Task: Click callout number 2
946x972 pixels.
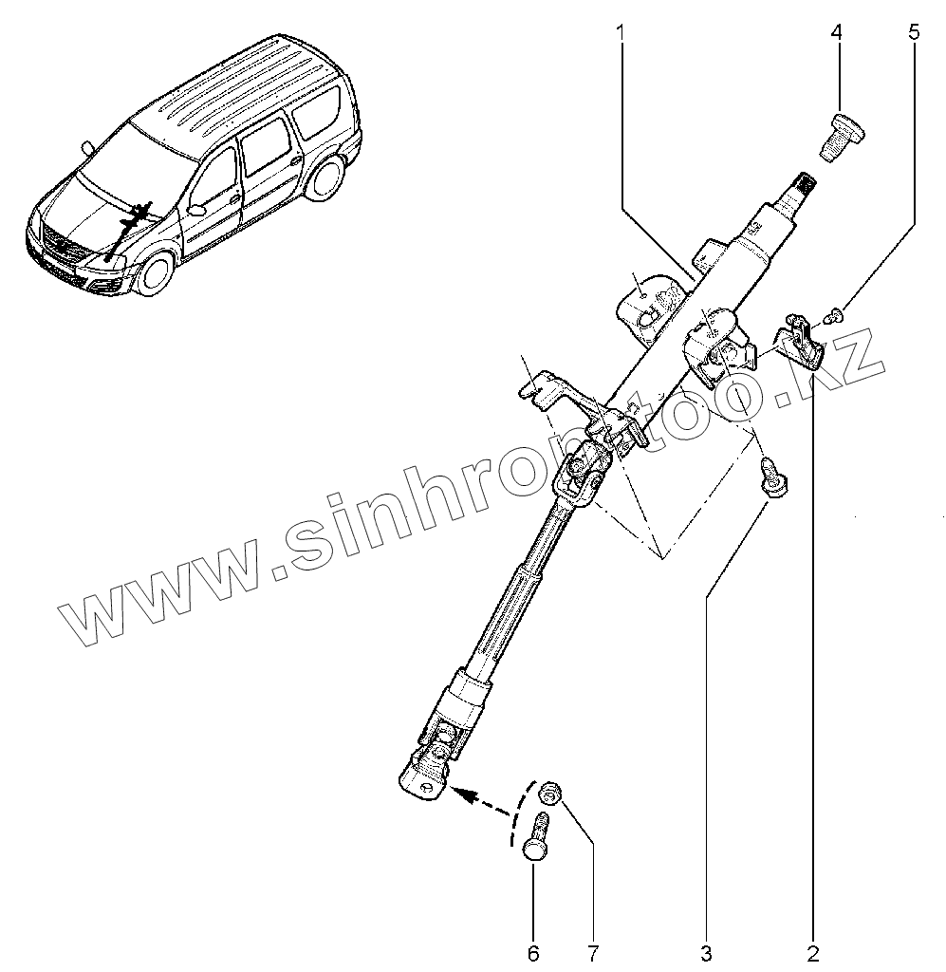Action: tap(813, 950)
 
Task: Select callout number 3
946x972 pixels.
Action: tap(706, 950)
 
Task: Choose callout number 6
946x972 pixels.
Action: tap(533, 950)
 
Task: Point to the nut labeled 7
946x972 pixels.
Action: tap(548, 791)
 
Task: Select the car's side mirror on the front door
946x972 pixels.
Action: tap(197, 208)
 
